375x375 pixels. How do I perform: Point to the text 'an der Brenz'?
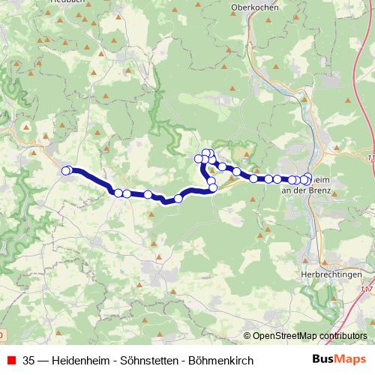305,190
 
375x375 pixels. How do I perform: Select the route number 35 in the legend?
29,361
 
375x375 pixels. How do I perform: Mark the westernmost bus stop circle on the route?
65,171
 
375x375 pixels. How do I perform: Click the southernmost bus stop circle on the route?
178,199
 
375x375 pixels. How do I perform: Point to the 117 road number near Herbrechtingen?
367,288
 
